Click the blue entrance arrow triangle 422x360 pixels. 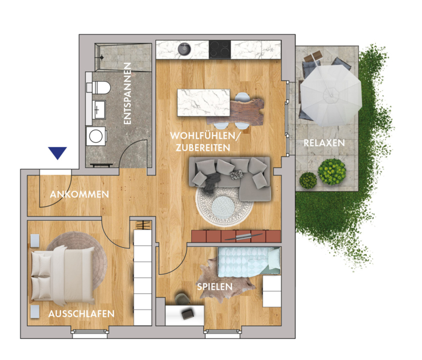tap(58, 152)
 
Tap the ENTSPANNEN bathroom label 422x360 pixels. tap(127, 94)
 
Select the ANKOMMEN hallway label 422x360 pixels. tap(79, 194)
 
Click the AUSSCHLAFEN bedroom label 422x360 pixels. tap(82, 314)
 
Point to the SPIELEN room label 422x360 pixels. tap(215, 287)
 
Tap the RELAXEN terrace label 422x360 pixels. tap(324, 143)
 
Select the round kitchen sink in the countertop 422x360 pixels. tap(185, 49)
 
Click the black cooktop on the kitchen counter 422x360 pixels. tap(220, 49)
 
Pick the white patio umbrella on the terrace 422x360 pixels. tap(331, 95)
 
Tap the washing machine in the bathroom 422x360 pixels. tap(96, 136)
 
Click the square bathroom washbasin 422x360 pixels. tap(99, 110)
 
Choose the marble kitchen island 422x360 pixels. tap(203, 103)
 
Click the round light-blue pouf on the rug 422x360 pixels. tap(223, 207)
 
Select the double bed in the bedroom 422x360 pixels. tap(63, 275)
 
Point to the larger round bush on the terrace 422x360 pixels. tap(331, 172)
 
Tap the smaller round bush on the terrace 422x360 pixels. tap(308, 180)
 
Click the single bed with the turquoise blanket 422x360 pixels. tap(249, 262)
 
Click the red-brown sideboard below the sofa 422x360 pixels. tap(236, 236)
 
